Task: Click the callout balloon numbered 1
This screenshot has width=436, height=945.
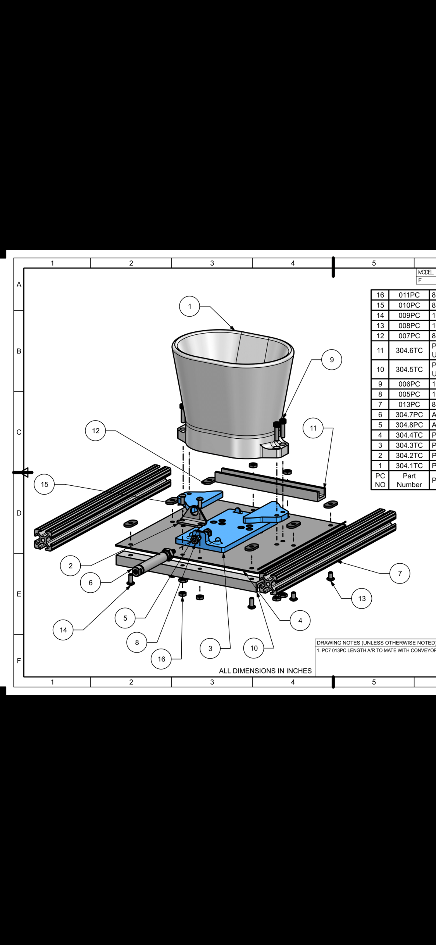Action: point(190,306)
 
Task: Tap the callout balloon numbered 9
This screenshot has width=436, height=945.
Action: point(332,360)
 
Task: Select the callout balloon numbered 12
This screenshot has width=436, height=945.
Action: point(96,431)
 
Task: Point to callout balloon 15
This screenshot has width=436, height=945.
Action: point(45,484)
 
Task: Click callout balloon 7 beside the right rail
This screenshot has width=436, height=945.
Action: point(400,573)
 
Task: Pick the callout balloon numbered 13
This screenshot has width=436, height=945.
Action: point(362,598)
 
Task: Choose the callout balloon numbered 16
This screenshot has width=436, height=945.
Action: point(162,659)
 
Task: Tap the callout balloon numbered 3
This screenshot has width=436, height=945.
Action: point(210,648)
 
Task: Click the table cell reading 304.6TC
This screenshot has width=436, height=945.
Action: point(409,350)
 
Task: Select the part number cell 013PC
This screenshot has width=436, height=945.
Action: point(409,404)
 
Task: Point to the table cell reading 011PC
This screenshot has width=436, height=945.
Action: point(409,295)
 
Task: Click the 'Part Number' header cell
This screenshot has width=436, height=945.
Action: point(409,480)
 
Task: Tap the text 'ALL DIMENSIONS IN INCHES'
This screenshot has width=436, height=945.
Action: point(265,671)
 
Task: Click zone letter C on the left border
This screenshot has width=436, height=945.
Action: point(19,432)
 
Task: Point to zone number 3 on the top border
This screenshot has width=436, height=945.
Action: point(212,263)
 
